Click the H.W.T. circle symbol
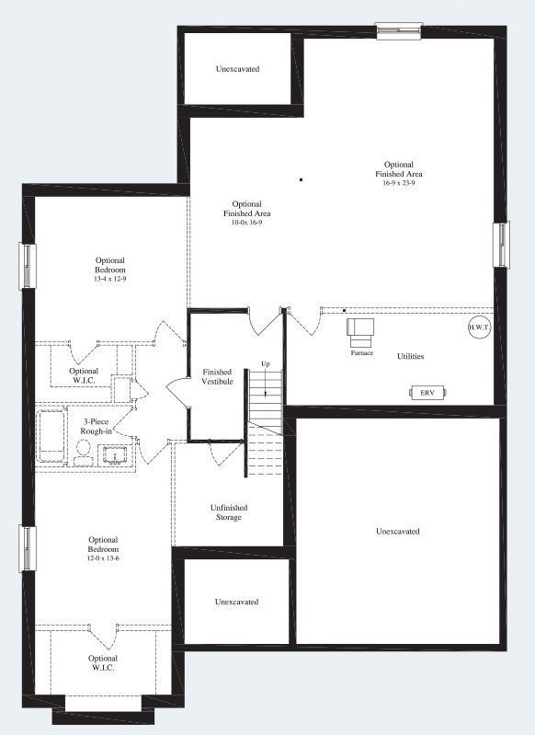(479, 327)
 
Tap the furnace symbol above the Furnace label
(359, 328)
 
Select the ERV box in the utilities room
(427, 393)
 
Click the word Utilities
(410, 356)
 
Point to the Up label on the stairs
(265, 364)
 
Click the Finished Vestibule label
(217, 376)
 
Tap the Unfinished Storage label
(228, 512)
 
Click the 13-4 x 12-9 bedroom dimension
(109, 278)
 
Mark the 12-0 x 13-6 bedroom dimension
(103, 557)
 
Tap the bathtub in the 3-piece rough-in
(50, 437)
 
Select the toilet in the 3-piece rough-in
(83, 449)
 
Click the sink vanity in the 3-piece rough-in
(114, 454)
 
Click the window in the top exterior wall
(400, 30)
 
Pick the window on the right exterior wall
(502, 246)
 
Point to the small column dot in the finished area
(301, 179)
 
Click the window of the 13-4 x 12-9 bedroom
(28, 266)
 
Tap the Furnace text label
(361, 352)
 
